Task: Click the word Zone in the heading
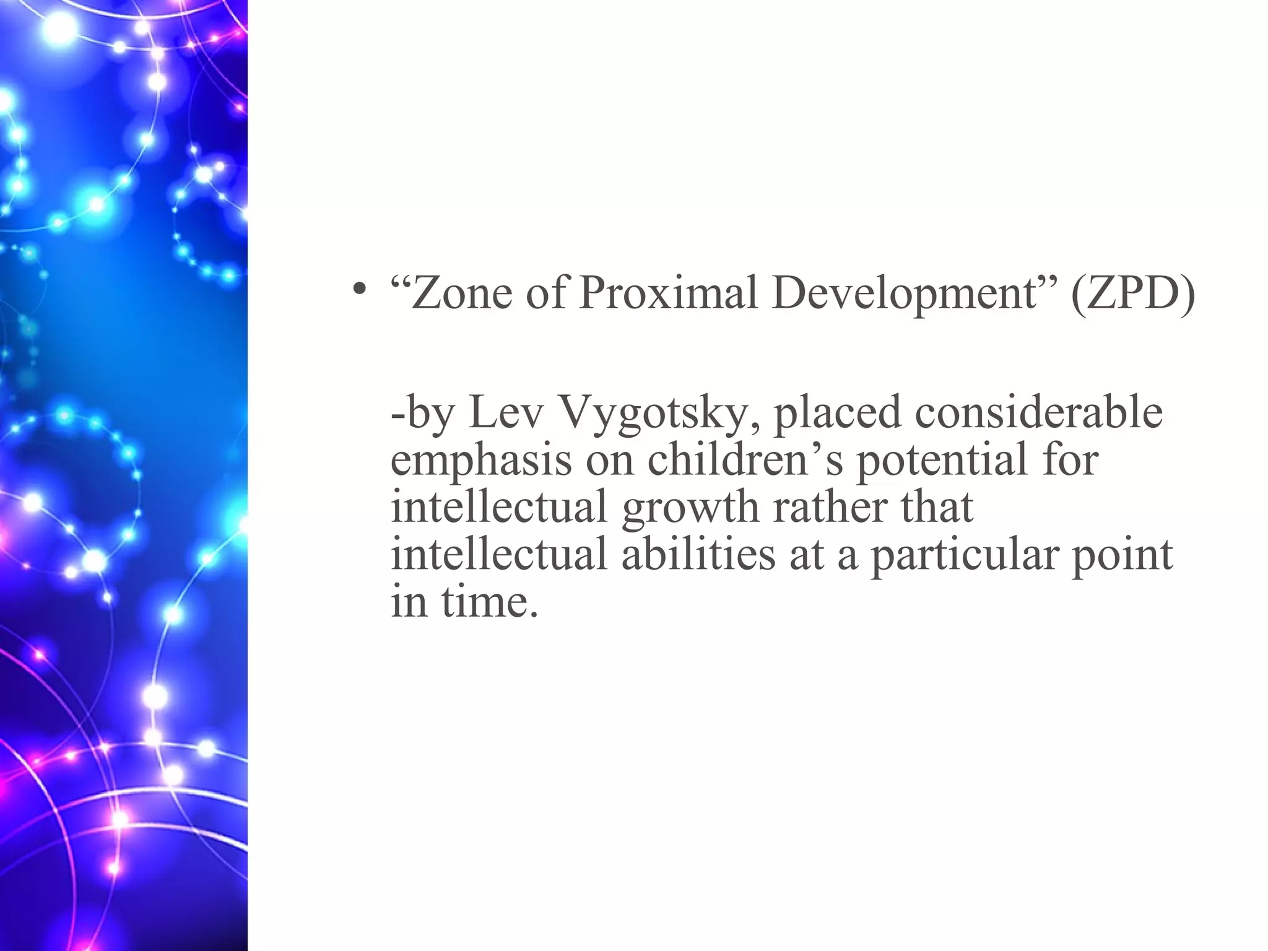[462, 292]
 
